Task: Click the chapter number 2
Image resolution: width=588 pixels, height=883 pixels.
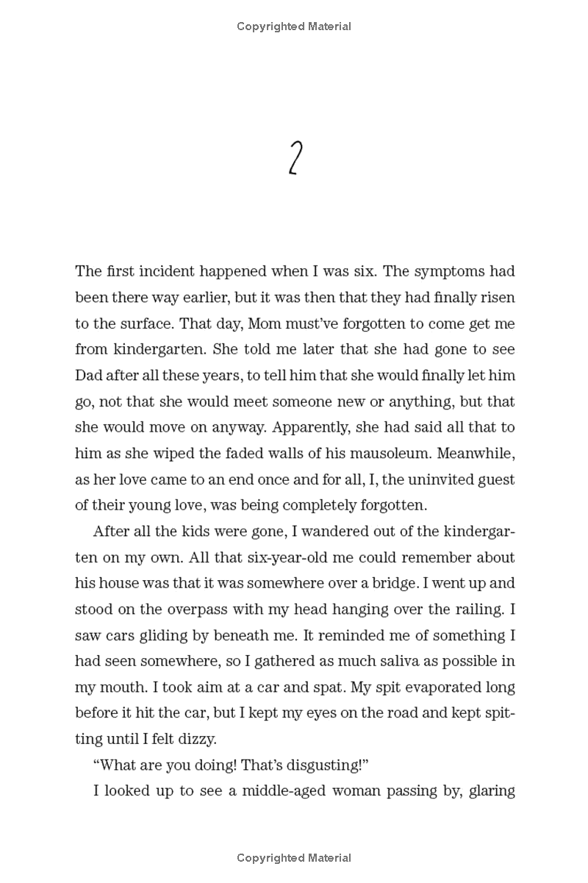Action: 294,160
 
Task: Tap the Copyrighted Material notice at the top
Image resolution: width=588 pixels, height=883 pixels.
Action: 294,26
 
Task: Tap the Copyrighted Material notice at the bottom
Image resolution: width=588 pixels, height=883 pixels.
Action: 294,857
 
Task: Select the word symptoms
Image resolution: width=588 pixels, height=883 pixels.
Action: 450,271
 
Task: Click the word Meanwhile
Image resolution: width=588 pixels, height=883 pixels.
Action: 477,454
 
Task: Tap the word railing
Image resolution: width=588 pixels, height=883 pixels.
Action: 479,609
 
